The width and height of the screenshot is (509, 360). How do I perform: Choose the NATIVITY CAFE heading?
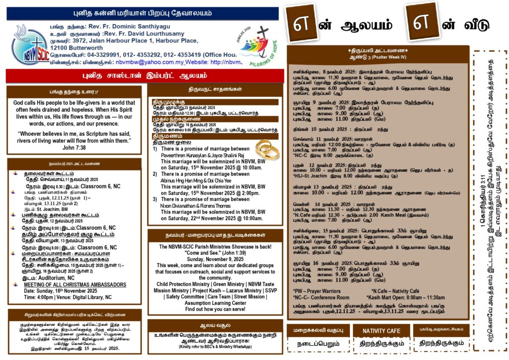(x=381, y=331)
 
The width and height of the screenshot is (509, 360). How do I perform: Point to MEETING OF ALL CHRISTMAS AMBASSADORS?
(x=75, y=284)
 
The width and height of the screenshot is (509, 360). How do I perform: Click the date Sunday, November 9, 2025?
(x=215, y=259)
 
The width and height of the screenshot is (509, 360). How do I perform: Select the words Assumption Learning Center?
(x=215, y=303)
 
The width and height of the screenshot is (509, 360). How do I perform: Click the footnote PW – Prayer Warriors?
(x=317, y=290)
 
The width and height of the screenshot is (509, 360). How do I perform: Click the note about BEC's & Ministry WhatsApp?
(x=215, y=346)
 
